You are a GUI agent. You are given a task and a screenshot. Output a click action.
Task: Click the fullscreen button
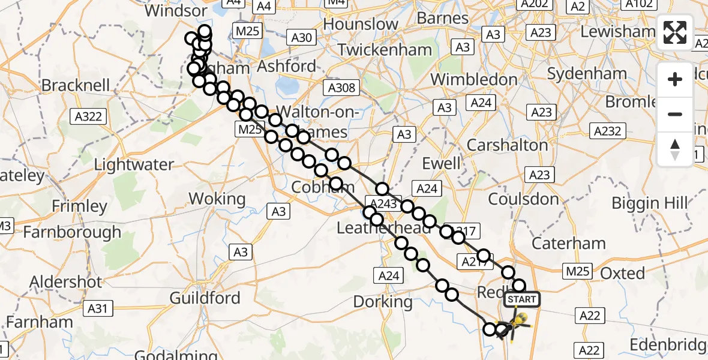[x=675, y=32]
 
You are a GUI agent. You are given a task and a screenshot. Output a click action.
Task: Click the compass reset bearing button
[x=675, y=149]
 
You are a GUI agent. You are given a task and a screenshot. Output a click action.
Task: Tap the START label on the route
[x=523, y=299]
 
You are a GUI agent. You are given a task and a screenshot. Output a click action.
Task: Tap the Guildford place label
[x=205, y=298]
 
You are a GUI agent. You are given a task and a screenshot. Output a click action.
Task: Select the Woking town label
[x=217, y=199]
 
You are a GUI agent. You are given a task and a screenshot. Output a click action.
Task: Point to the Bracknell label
[x=76, y=85]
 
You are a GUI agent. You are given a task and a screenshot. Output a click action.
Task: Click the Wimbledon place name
[x=473, y=79]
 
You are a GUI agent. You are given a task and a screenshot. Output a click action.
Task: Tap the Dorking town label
[x=382, y=301]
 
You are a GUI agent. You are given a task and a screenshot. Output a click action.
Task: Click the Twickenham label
[x=385, y=50]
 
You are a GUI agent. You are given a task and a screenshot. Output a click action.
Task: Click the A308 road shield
[x=341, y=88]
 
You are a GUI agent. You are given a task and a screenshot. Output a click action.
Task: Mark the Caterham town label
[x=569, y=243]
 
